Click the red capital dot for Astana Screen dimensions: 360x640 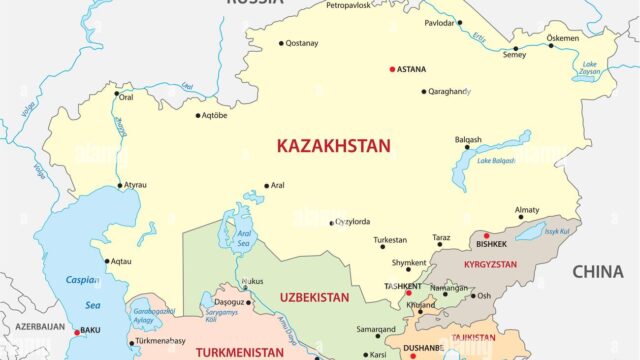392,70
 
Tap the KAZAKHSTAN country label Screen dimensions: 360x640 333,146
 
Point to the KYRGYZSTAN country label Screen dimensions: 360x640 490,267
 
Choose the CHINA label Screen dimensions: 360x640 597,271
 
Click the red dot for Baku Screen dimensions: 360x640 77,332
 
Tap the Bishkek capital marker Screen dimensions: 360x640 485,236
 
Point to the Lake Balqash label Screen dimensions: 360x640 497,160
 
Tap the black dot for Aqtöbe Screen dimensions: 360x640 198,115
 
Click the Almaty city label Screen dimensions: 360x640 527,209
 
